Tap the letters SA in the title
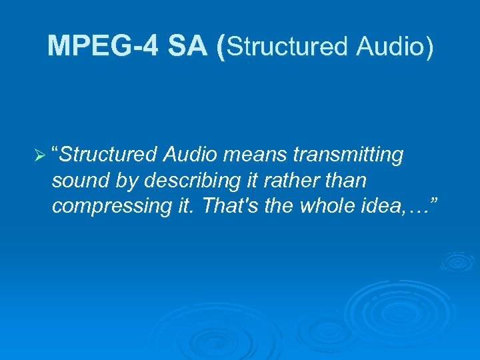[189, 46]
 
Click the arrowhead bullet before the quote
[39, 156]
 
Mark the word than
[343, 181]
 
